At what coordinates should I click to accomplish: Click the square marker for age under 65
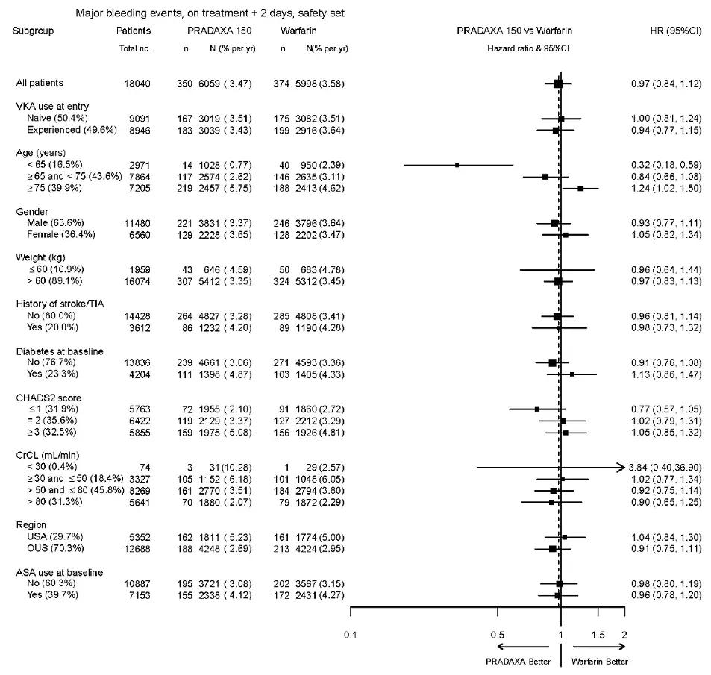[457, 164]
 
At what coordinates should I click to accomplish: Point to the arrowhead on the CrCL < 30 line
[620, 467]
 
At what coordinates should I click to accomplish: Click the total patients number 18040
[136, 83]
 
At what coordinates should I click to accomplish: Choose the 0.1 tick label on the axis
[351, 635]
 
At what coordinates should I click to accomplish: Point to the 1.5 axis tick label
[598, 635]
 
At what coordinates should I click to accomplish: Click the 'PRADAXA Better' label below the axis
[518, 662]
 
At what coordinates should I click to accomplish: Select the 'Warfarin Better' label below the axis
[599, 662]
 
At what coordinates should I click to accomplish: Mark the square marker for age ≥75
[580, 188]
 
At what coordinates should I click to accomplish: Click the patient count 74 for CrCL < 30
[145, 467]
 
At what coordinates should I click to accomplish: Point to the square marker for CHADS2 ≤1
[536, 409]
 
